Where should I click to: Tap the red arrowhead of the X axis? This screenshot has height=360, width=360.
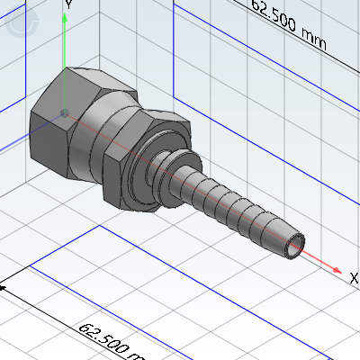click(336, 269)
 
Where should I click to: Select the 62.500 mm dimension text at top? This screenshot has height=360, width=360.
click(288, 26)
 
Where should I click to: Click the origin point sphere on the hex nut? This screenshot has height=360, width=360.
click(63, 112)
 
